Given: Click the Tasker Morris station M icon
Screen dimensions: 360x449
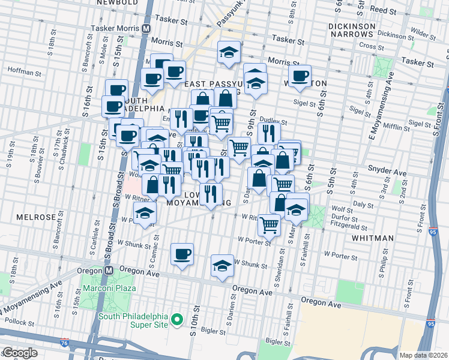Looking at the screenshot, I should pos(146,28).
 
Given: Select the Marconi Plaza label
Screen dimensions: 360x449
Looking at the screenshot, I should pos(110,287).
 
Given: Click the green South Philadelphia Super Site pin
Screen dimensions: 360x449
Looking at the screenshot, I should pos(176,321).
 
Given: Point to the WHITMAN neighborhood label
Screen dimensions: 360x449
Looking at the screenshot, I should pos(372,238).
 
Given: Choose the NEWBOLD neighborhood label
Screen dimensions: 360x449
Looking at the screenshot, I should pos(115,2).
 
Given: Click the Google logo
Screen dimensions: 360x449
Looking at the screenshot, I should pos(20,353).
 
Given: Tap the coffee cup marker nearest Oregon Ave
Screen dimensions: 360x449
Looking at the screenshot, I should pos(182,254).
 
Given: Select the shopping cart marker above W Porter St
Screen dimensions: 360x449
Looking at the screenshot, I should pos(269,224).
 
